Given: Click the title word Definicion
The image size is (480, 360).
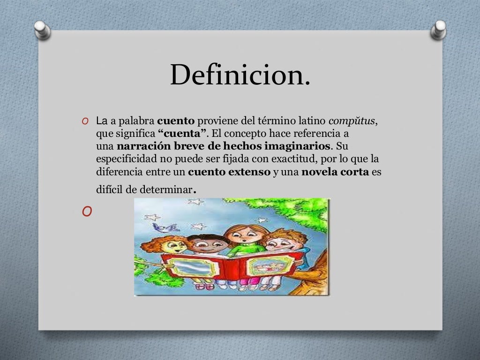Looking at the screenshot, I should (x=240, y=75).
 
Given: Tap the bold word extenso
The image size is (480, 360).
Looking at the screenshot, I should (x=249, y=172).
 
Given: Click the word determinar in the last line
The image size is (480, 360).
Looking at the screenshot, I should (x=169, y=190).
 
